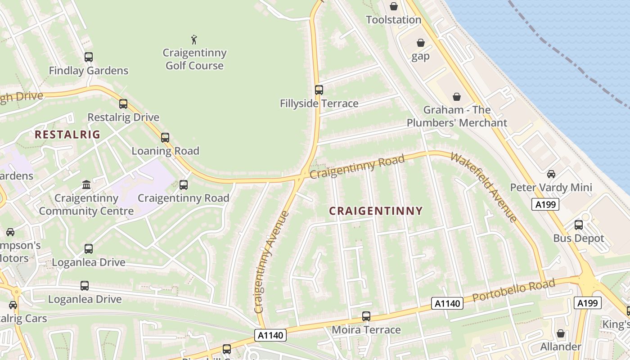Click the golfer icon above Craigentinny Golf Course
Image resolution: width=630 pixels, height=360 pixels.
(194, 40)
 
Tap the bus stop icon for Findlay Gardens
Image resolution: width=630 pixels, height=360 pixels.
(89, 57)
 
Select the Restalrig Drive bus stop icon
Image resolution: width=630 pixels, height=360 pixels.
(123, 104)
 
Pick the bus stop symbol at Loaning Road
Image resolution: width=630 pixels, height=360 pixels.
(165, 138)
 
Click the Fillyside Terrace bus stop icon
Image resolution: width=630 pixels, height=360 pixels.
(319, 90)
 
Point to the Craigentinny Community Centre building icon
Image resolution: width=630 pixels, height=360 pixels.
(86, 184)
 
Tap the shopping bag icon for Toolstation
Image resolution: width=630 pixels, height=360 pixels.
(394, 6)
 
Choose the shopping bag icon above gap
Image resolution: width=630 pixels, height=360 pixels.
(421, 43)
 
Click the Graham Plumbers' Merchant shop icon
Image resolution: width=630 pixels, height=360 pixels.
(457, 97)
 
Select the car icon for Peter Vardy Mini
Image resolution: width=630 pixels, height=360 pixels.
(551, 174)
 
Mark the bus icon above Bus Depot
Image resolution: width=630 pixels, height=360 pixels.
(579, 225)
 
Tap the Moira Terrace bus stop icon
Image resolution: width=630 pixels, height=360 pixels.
(366, 316)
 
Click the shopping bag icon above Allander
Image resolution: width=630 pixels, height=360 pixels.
(561, 333)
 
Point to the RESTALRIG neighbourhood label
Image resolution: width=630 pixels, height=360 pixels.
(67, 134)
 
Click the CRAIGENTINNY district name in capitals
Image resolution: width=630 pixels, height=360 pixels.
(376, 211)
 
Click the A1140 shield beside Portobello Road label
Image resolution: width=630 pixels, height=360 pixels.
(447, 303)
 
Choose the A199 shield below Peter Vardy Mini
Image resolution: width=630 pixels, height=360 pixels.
(545, 205)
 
